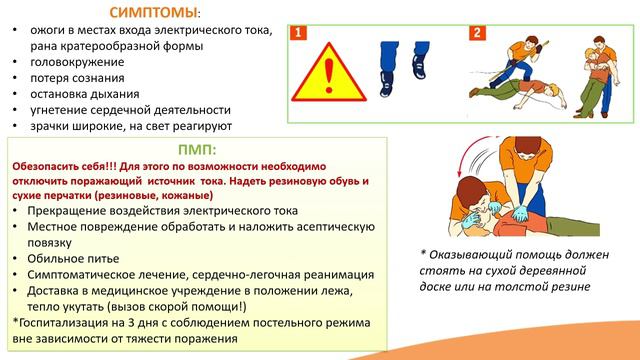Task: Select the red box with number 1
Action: pos(297,34)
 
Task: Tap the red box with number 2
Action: pos(477,32)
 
